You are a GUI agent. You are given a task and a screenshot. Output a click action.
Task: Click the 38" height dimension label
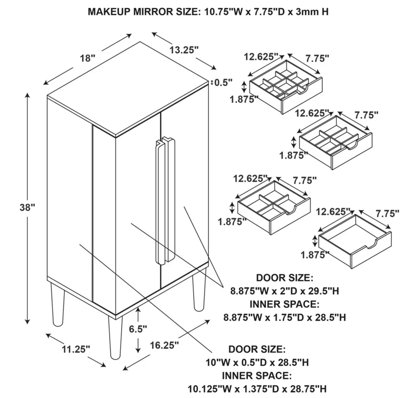27,207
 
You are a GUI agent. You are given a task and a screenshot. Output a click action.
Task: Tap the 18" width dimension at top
87,58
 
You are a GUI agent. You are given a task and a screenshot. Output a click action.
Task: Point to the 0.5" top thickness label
223,82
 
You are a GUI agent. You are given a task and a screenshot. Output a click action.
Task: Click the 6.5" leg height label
138,329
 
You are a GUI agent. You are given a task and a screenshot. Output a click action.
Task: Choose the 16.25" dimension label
164,345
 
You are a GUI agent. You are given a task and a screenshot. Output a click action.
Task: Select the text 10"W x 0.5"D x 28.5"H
257,363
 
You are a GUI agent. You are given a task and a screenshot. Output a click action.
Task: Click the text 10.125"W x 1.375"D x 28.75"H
257,389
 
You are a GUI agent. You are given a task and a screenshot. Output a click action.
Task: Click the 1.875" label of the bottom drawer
315,255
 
